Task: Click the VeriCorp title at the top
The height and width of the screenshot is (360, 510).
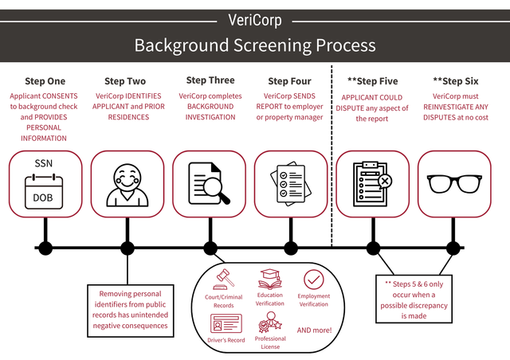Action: pyautogui.click(x=254, y=19)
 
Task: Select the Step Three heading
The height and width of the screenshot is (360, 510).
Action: pyautogui.click(x=210, y=80)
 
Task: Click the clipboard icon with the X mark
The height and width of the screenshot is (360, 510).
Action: pyautogui.click(x=371, y=184)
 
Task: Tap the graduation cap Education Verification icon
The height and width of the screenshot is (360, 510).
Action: pyautogui.click(x=270, y=279)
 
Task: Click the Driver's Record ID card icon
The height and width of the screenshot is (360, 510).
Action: pyautogui.click(x=224, y=323)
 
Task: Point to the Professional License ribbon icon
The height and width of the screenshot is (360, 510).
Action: pyautogui.click(x=269, y=324)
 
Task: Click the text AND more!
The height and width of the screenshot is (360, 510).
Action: pyautogui.click(x=313, y=330)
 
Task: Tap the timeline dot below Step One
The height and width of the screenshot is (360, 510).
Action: pyautogui.click(x=45, y=248)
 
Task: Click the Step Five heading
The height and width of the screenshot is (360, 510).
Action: pyautogui.click(x=372, y=81)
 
